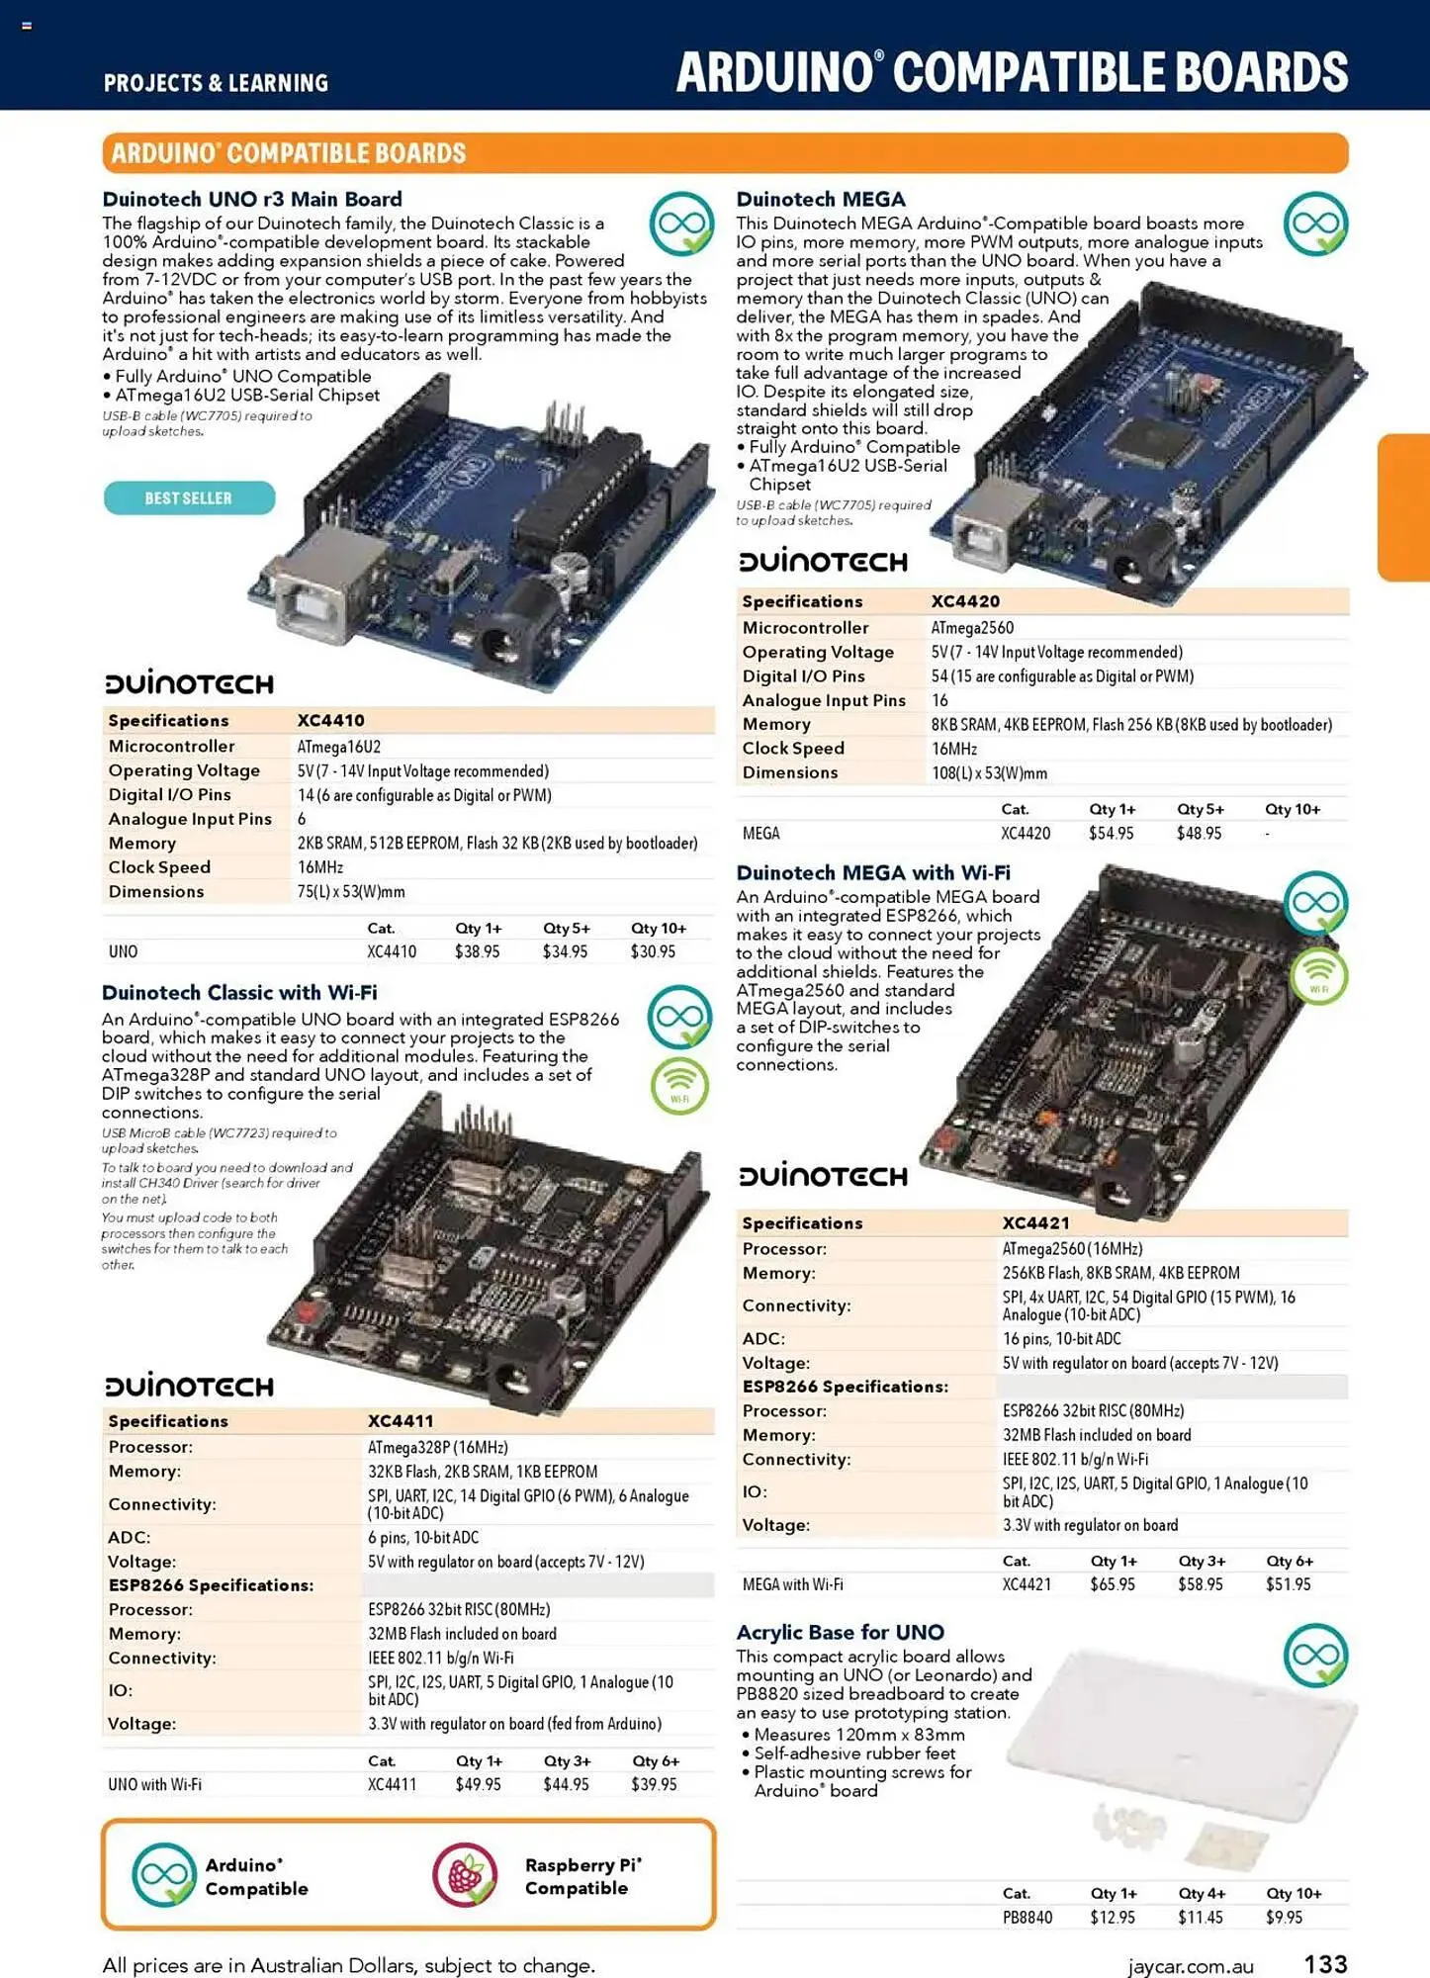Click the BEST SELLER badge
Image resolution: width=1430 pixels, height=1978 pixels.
189,497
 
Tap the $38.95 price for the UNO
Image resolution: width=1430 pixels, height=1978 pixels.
477,951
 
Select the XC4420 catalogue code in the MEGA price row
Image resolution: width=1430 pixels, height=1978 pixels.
1025,833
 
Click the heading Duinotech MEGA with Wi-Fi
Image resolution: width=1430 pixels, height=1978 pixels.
872,872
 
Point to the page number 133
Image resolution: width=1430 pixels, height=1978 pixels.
1325,1963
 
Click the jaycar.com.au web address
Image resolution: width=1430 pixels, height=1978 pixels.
1191,1966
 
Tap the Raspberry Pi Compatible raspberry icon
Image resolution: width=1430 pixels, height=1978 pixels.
464,1874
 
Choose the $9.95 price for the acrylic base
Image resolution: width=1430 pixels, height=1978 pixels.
1284,1917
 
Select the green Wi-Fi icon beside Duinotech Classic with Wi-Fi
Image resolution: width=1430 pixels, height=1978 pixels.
679,1086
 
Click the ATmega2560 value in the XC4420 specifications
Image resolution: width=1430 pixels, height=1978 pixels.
971,627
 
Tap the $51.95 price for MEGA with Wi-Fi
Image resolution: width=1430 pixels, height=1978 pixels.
1288,1583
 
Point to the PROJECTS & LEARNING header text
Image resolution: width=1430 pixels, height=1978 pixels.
216,83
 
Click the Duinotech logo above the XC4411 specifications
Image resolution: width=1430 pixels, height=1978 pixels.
189,1386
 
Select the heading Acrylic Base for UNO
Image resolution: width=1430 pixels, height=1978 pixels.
840,1632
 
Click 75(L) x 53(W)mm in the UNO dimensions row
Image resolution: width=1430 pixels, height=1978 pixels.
351,891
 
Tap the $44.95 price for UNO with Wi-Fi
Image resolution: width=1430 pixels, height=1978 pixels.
566,1784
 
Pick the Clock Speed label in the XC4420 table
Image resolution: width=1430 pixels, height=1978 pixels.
793,749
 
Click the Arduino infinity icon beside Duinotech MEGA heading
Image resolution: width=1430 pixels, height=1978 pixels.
1315,224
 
